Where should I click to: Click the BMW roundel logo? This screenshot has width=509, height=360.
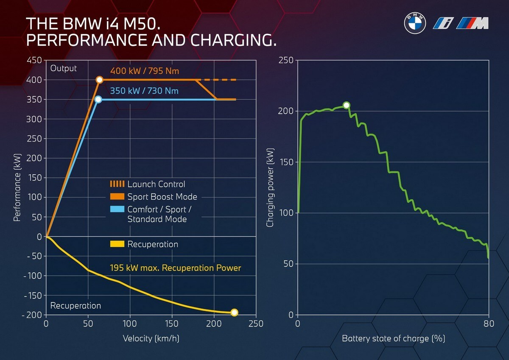pos(414,24)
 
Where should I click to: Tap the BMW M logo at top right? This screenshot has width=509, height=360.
pos(473,24)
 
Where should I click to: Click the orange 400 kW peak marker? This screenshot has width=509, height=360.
pos(99,80)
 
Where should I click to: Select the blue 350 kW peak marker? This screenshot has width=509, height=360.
pos(98,100)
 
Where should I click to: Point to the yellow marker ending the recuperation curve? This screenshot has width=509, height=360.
pos(234,313)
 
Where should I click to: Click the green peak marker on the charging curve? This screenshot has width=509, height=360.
pos(346,105)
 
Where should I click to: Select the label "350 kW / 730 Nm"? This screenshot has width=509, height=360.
pos(144,91)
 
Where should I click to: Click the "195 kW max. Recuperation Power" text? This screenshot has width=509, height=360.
pos(175,268)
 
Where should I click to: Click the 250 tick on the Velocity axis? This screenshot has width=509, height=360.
pos(256,324)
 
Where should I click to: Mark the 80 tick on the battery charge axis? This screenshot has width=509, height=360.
pos(489,324)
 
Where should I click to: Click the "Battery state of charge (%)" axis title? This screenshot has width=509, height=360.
pos(393,339)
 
